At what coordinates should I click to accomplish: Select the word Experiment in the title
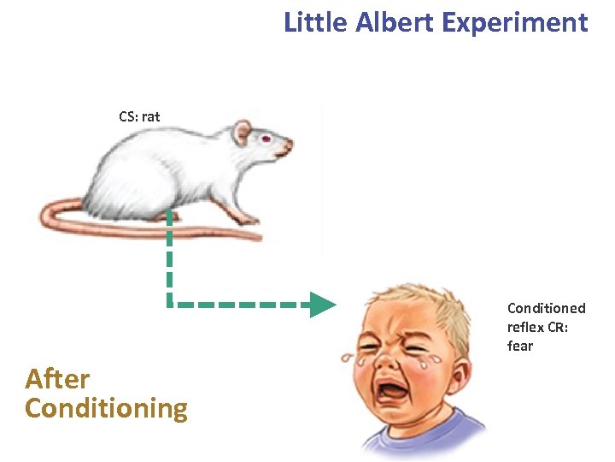click(515, 22)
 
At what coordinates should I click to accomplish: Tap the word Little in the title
click(313, 22)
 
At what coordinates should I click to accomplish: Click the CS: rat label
click(139, 116)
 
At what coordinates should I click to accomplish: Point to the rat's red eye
click(266, 139)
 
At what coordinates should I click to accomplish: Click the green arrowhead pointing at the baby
click(322, 305)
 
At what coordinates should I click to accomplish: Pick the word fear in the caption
click(519, 346)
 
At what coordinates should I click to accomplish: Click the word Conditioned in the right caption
click(547, 308)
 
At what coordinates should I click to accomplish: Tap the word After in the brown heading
click(57, 378)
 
